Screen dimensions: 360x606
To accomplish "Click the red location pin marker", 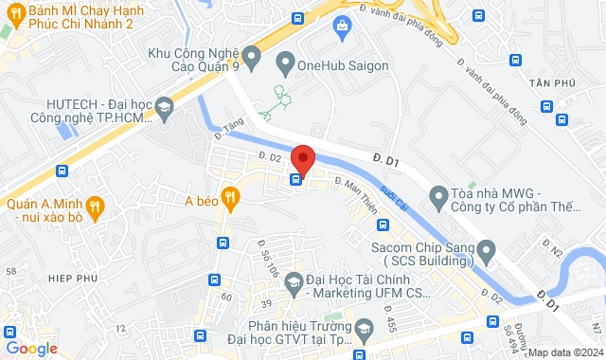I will pos(302,157).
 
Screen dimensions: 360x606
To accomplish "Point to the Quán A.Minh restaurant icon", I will pos(94,206).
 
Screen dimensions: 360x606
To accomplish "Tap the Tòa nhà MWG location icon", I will pos(437,198).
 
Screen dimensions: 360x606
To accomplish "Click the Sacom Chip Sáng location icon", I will pos(487,251).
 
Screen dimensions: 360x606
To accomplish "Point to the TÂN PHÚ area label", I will pos(571,83).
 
